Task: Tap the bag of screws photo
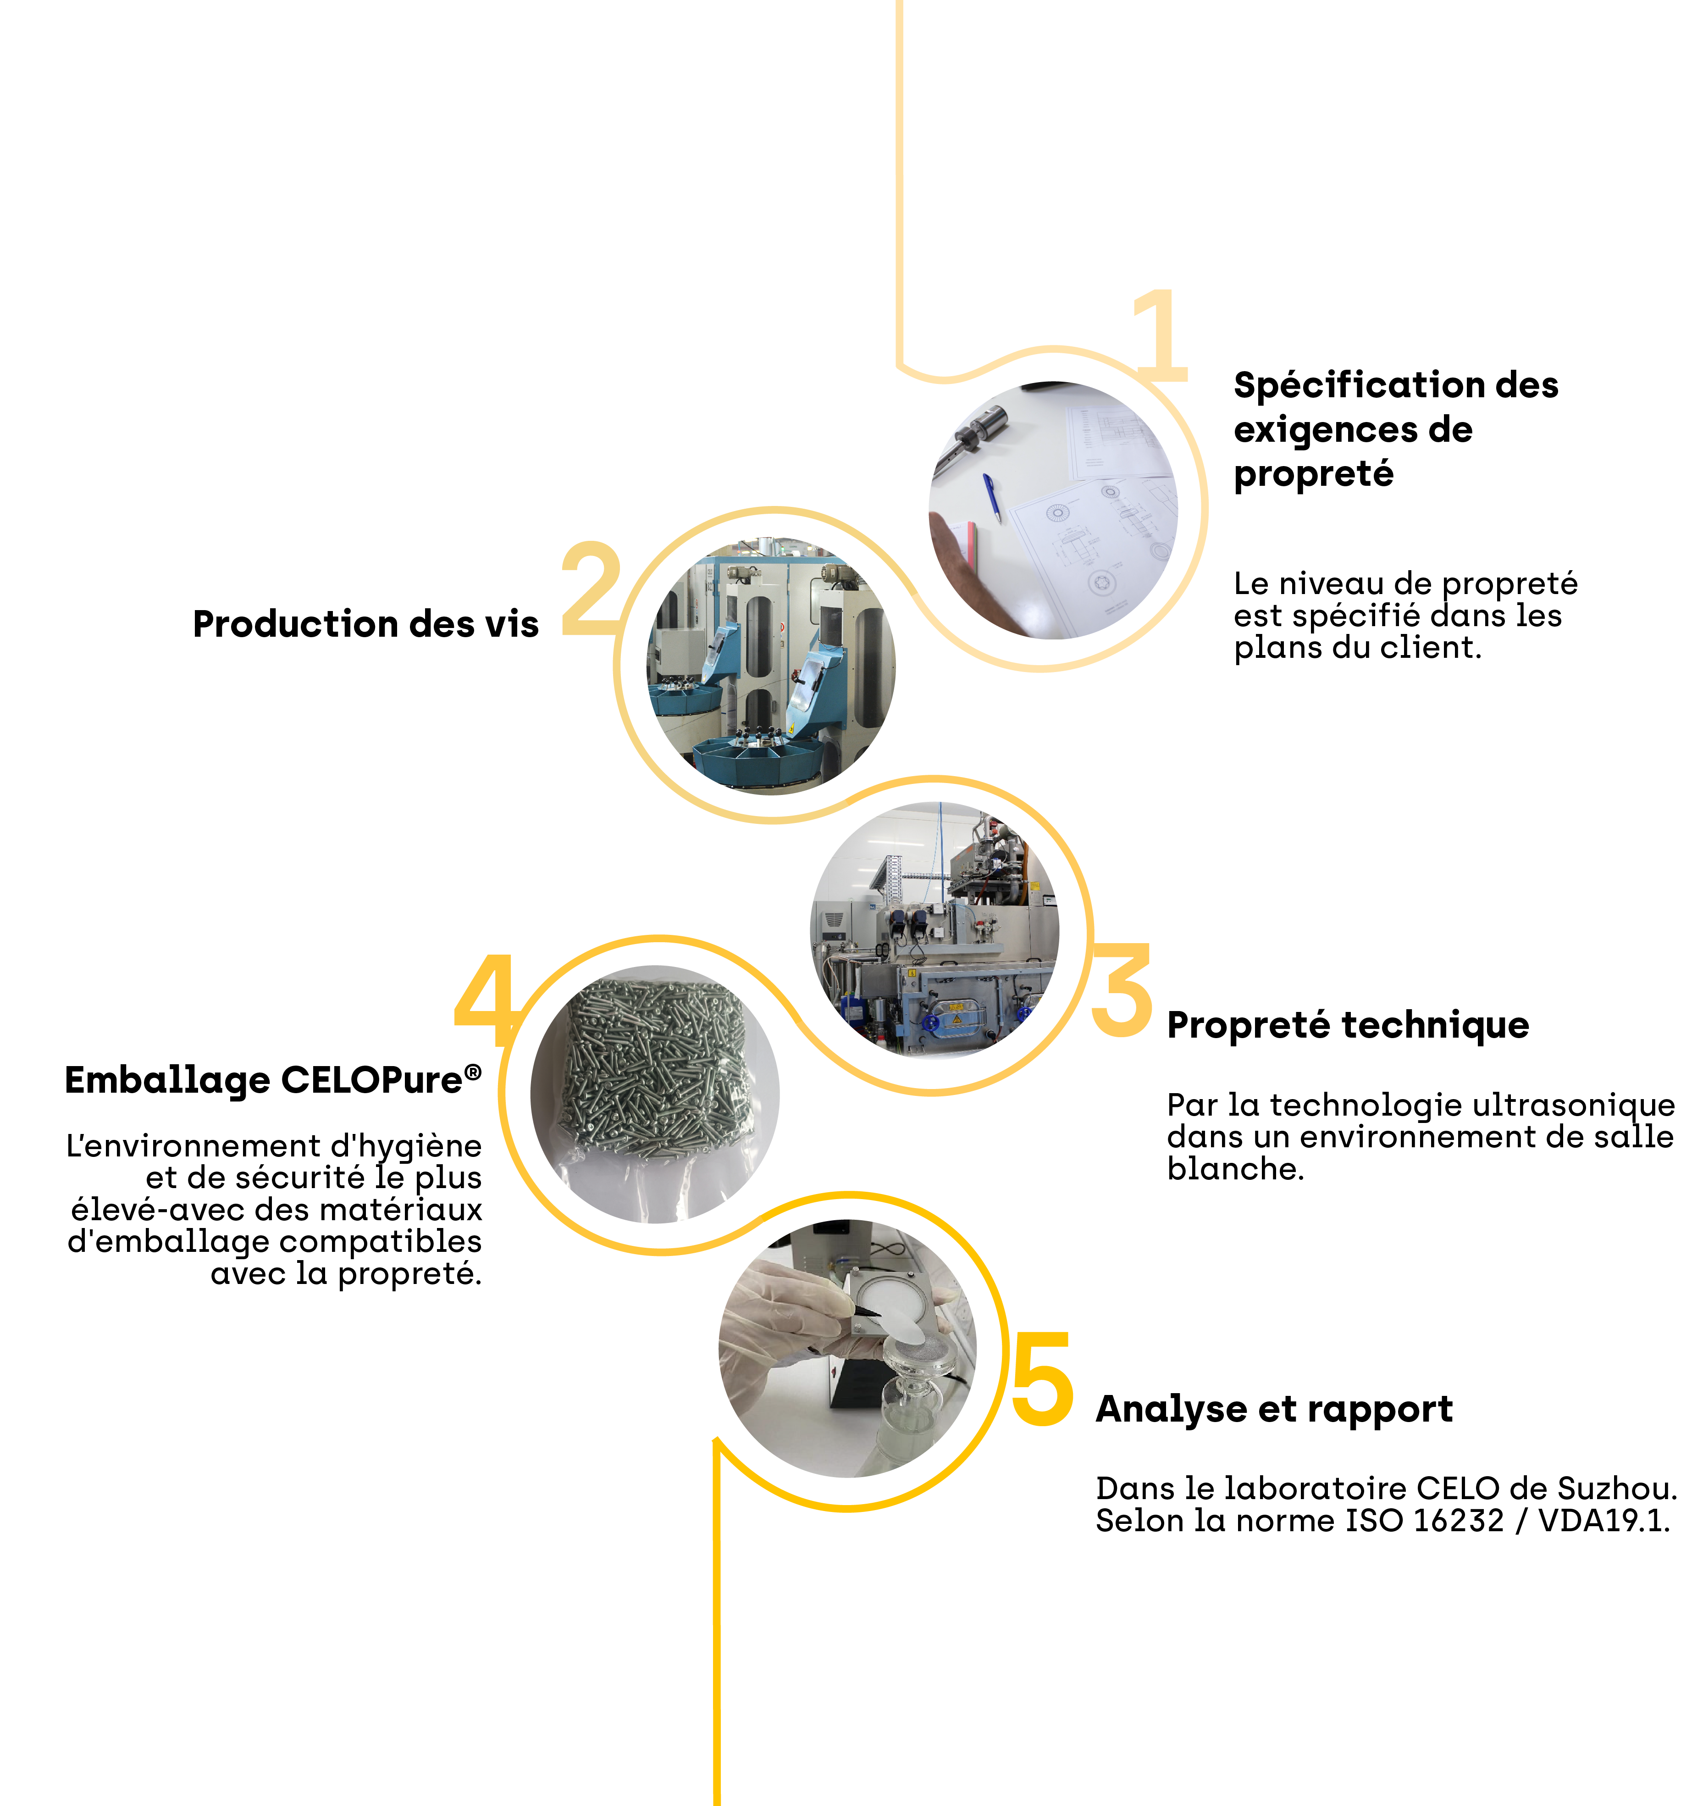click(x=655, y=1094)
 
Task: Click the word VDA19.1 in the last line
click(x=1604, y=1521)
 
